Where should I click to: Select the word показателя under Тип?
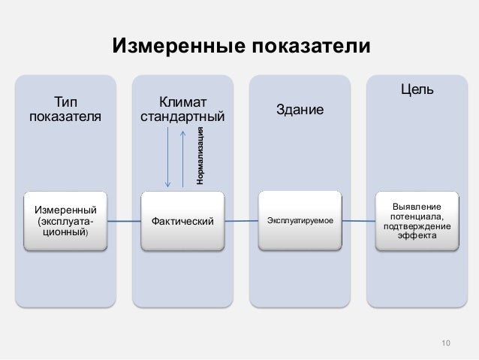coord(65,116)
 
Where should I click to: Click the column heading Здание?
coord(300,110)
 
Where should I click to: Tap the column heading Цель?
coord(417,90)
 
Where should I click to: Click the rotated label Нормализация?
coord(200,156)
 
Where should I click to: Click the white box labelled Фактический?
coord(182,221)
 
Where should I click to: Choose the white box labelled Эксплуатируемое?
coord(300,221)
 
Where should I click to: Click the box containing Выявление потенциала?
coord(417,221)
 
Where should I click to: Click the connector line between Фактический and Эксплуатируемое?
coord(241,221)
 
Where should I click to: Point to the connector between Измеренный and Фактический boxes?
coord(124,221)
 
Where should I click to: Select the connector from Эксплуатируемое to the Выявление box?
coord(358,221)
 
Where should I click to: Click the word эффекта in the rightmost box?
coord(417,236)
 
